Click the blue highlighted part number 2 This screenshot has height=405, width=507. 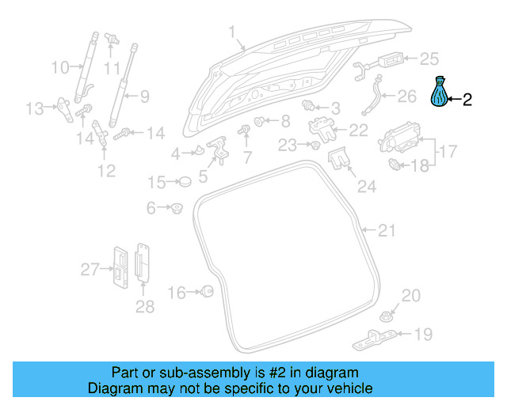(439, 93)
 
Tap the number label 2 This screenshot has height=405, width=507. (467, 100)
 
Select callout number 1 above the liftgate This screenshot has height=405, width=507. (233, 32)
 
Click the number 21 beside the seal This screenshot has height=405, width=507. (386, 230)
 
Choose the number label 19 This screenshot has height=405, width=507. (424, 335)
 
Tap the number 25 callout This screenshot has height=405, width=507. (428, 58)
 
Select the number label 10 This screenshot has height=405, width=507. (60, 67)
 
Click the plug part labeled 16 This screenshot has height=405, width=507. (208, 292)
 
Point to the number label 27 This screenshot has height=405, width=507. (90, 270)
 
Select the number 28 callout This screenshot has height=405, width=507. (144, 306)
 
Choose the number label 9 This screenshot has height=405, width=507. (144, 97)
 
